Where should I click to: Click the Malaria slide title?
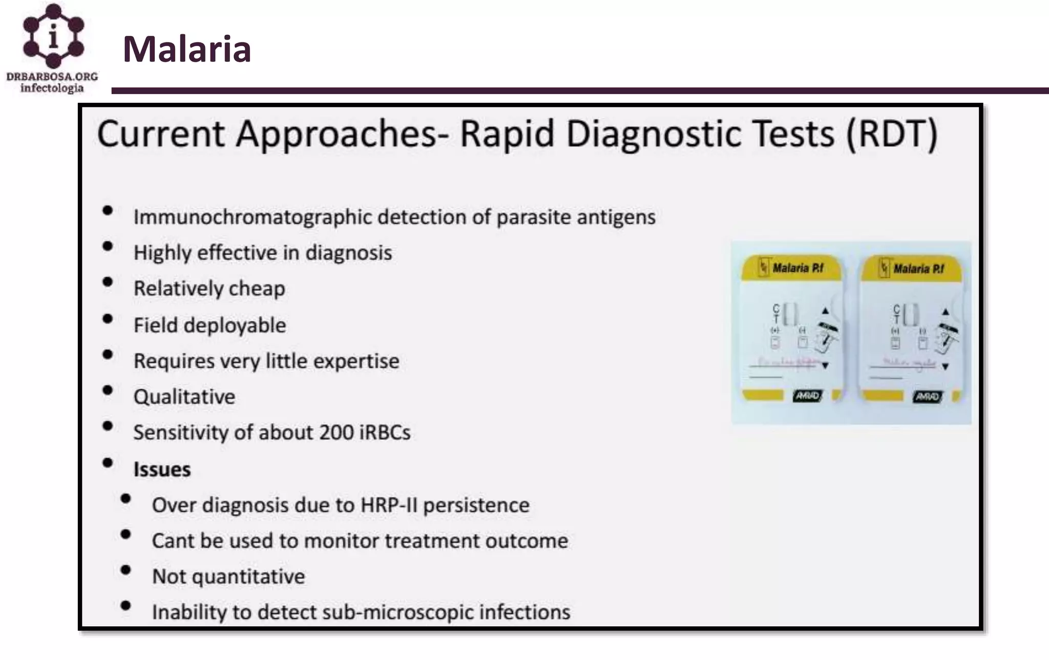pyautogui.click(x=187, y=49)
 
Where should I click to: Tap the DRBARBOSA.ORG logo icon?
pyautogui.click(x=53, y=36)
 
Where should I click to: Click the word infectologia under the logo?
pyautogui.click(x=52, y=88)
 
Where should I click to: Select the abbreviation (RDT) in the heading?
pyautogui.click(x=892, y=134)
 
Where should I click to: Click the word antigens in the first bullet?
pyautogui.click(x=616, y=217)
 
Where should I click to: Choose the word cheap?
pyautogui.click(x=257, y=289)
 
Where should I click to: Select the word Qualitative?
pyautogui.click(x=184, y=397)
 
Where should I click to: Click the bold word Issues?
pyautogui.click(x=162, y=470)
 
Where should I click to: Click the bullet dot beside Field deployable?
pyautogui.click(x=108, y=319)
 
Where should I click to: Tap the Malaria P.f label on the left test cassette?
pyautogui.click(x=798, y=268)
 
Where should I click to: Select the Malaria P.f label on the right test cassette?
pyautogui.click(x=918, y=269)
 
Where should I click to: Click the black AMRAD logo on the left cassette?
pyautogui.click(x=807, y=395)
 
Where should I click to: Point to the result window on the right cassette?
pyautogui.click(x=911, y=314)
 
